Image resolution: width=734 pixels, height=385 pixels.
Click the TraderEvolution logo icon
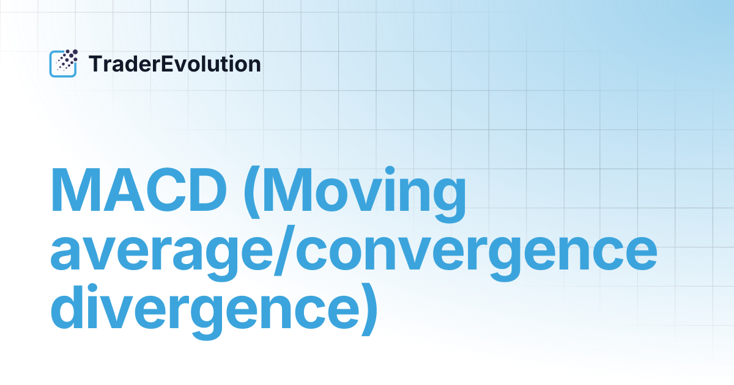coord(63,64)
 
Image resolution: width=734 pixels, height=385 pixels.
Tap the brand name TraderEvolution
coord(175,64)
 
